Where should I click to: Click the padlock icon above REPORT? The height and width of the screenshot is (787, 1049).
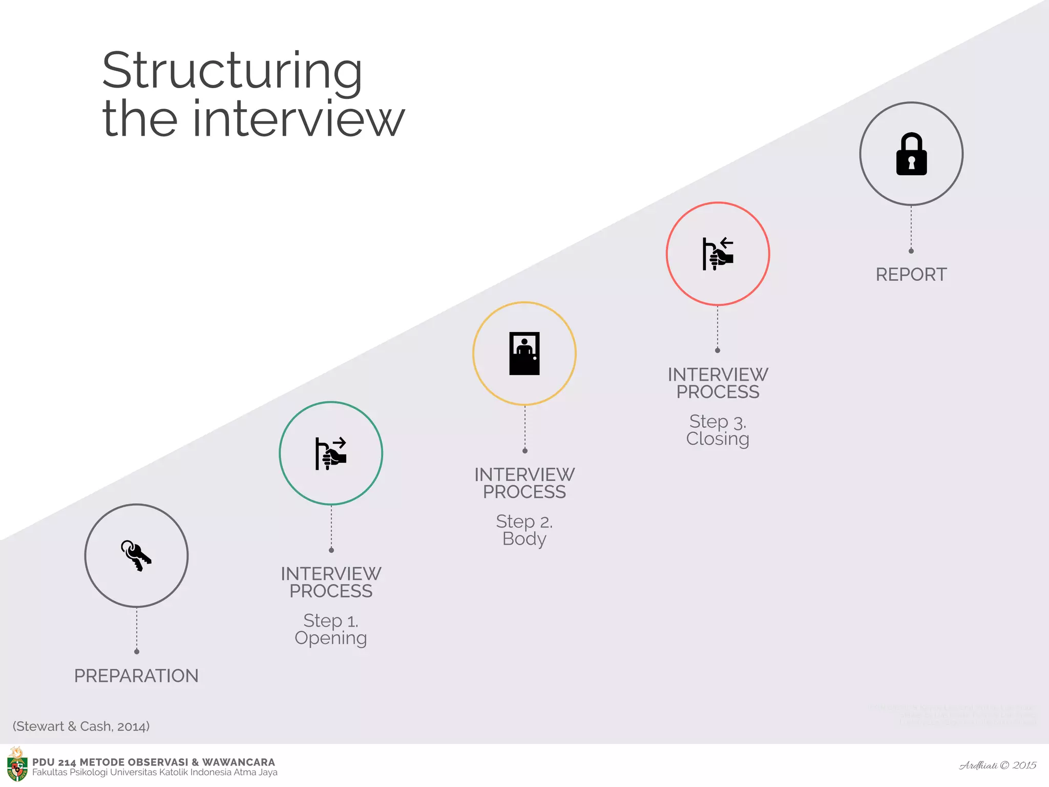click(x=911, y=154)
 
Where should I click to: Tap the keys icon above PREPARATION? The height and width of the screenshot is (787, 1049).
click(x=136, y=555)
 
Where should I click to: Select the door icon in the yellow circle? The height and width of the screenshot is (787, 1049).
click(x=524, y=354)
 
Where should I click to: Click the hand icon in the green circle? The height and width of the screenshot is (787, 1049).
click(x=331, y=453)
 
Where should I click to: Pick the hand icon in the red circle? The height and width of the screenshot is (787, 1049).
click(x=718, y=254)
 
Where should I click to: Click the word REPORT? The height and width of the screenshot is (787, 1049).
click(x=911, y=275)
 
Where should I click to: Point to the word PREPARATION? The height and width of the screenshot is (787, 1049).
click(x=136, y=676)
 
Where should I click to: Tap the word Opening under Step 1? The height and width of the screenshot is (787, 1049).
click(x=331, y=638)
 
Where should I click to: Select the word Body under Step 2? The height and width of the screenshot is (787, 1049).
click(x=524, y=539)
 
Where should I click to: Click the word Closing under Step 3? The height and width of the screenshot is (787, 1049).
click(x=718, y=439)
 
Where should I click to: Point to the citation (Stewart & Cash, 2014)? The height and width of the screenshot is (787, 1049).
click(x=81, y=726)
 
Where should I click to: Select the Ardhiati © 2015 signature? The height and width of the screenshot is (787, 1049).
click(x=997, y=765)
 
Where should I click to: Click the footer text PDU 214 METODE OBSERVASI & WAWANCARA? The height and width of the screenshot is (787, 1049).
click(x=154, y=762)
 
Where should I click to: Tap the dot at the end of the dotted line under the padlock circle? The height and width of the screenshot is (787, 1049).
click(x=911, y=251)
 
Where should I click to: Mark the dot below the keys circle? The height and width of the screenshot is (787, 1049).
click(x=137, y=652)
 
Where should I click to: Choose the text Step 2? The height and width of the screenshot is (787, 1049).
click(x=524, y=522)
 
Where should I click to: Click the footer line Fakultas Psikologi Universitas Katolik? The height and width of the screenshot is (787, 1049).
click(x=155, y=773)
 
